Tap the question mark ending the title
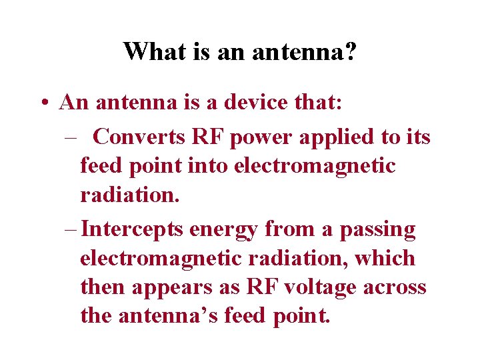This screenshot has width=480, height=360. click(350, 51)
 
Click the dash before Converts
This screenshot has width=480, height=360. click(71, 138)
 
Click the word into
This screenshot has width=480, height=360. click(207, 166)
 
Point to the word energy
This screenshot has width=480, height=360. click(223, 231)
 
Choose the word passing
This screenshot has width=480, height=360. click(377, 231)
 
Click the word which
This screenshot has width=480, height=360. click(385, 258)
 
